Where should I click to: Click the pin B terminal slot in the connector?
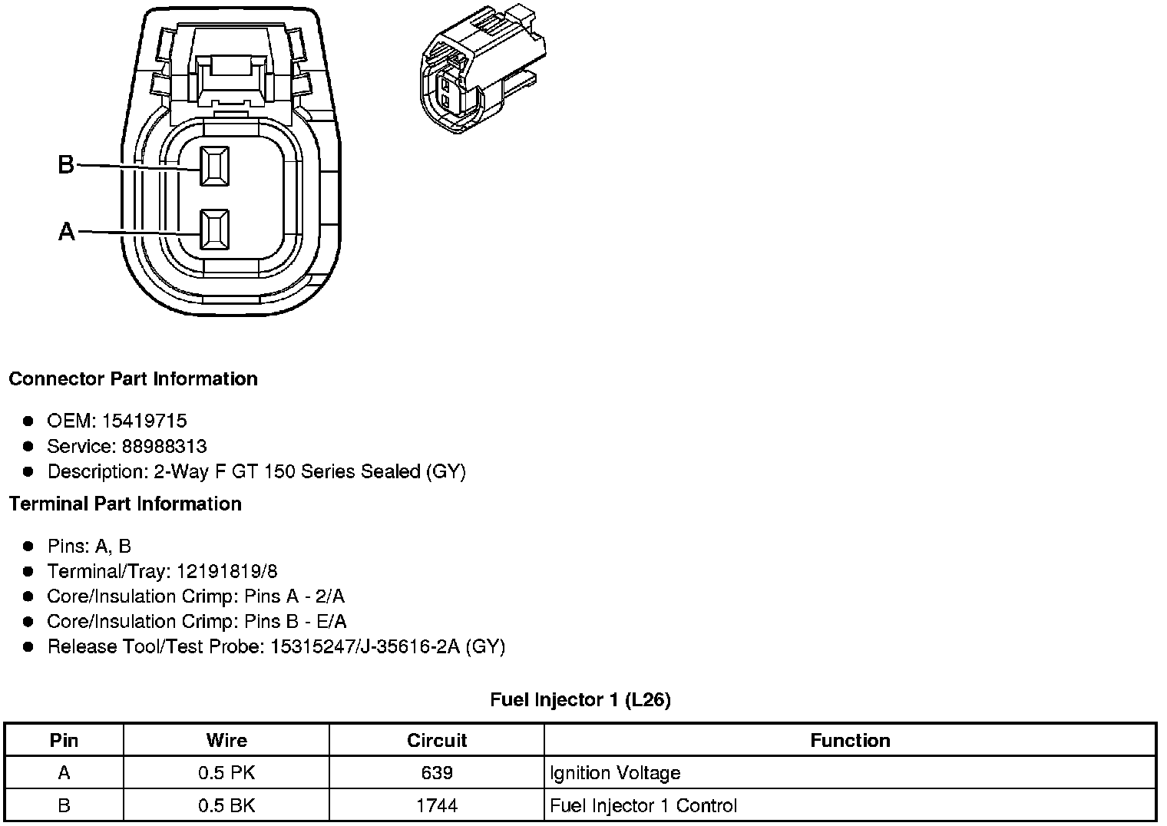pos(214,166)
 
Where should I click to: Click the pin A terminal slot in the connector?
pos(214,230)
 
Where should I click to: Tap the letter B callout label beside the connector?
pos(67,164)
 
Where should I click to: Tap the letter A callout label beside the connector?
pos(67,231)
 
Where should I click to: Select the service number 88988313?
pos(164,446)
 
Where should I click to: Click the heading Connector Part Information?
pos(133,378)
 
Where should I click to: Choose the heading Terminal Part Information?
pos(125,504)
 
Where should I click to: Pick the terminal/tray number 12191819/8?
pos(227,571)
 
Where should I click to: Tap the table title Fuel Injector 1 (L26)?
pos(580,699)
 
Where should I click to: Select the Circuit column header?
pos(436,740)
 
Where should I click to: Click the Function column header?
pos(850,740)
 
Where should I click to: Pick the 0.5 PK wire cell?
pos(226,772)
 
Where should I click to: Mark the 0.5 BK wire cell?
pos(226,805)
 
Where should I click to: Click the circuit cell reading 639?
pos(436,772)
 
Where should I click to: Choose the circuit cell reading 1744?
pos(436,805)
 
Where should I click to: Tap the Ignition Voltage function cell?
pos(615,772)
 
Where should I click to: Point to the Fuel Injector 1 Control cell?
pos(643,805)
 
